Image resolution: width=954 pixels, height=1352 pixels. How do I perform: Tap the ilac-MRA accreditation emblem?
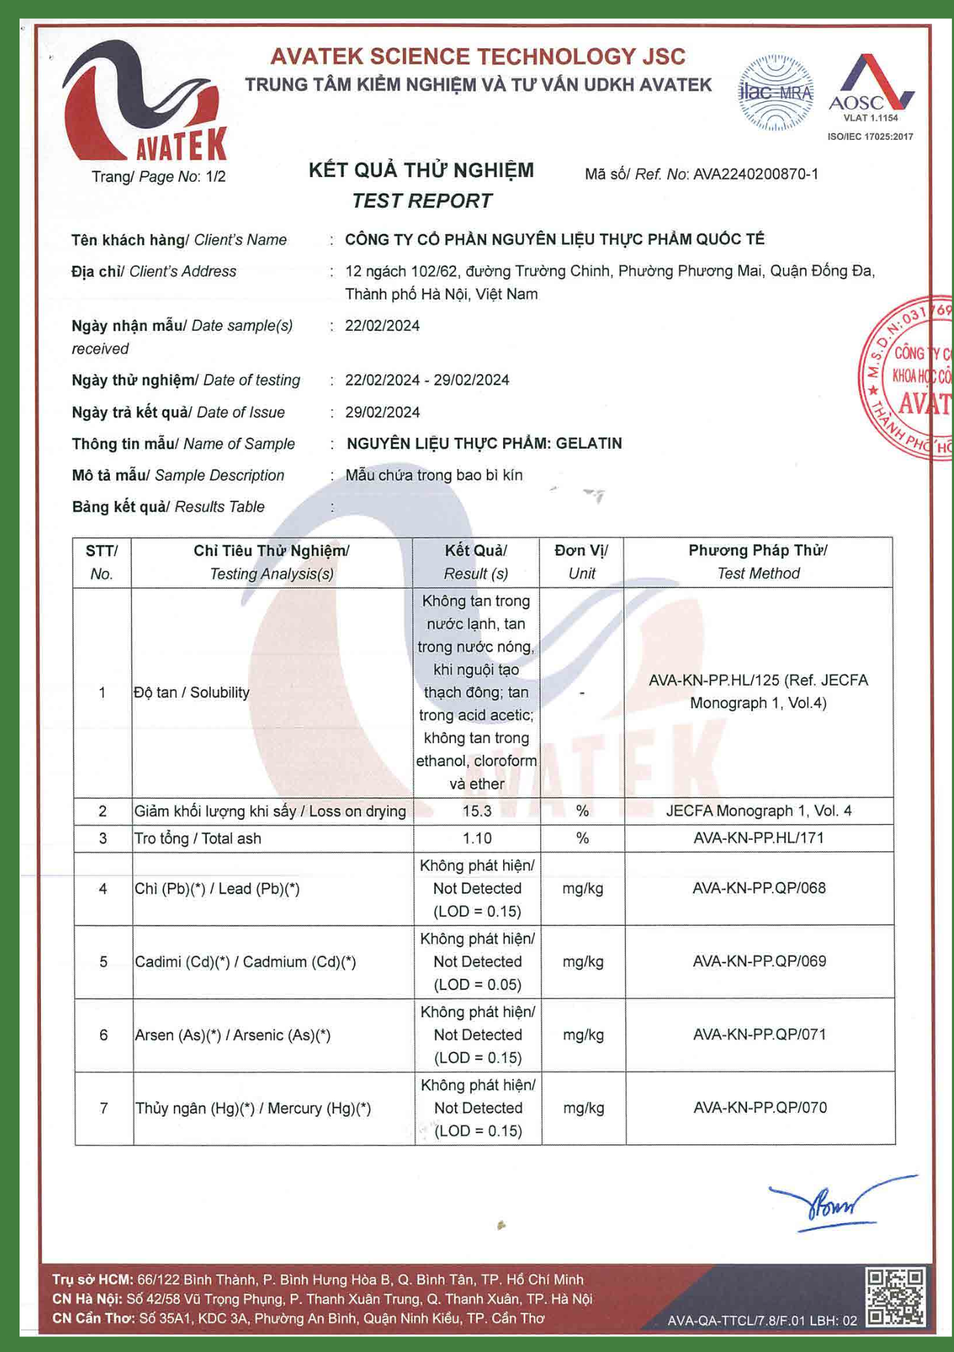coord(775,93)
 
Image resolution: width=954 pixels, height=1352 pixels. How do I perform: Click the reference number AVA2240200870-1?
coord(755,175)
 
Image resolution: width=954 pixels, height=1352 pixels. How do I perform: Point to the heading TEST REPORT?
coord(422,201)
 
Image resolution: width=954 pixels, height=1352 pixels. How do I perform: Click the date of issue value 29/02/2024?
coord(383,412)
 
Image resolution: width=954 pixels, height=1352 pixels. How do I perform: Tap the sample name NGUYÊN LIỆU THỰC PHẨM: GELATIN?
coord(484,444)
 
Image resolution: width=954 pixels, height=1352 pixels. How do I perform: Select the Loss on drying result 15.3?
coord(477,811)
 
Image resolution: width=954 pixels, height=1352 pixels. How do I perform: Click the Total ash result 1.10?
coord(477,838)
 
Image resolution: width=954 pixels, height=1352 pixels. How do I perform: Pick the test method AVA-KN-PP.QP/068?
coord(759,888)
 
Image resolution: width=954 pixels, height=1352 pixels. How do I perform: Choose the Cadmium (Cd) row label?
coord(245,962)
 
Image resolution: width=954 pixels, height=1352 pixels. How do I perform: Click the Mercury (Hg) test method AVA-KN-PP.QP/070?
coord(759,1108)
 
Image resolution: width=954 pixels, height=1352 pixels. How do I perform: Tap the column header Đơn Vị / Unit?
coord(581,562)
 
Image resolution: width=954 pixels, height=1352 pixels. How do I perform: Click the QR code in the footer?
coord(895,1297)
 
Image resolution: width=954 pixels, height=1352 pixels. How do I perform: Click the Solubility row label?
coord(191,692)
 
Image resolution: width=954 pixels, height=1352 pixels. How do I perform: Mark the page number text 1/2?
coord(215,176)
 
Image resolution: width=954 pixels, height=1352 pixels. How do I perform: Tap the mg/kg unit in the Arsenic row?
coord(582,1035)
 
